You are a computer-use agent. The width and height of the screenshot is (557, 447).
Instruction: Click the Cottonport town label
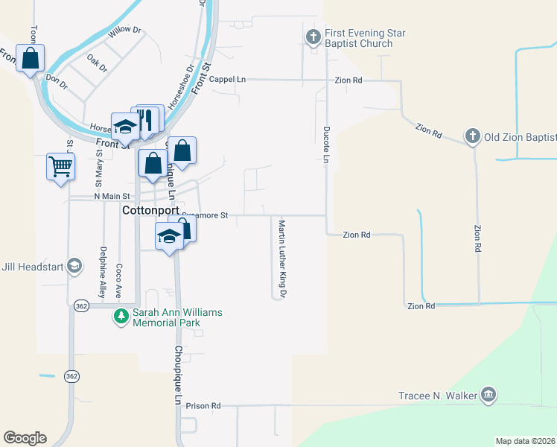150,211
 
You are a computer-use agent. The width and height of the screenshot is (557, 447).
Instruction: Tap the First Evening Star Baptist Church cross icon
313,36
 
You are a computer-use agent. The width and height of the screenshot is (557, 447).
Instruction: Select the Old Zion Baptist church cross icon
471,136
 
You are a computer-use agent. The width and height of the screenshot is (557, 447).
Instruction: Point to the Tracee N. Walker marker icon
488,395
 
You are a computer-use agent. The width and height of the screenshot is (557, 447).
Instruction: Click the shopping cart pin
60,166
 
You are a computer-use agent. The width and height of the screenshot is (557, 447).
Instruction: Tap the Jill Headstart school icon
74,266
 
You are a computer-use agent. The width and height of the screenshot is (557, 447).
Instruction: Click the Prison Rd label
205,406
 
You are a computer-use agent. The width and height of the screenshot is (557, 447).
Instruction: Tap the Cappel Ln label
227,79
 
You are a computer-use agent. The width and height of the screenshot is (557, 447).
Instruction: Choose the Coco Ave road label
118,279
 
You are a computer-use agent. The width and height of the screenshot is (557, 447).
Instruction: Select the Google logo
25,438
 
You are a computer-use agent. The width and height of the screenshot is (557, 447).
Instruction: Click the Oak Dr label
97,63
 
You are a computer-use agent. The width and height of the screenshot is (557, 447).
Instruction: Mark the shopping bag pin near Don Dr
30,58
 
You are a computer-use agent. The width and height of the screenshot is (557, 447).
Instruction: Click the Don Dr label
56,78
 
